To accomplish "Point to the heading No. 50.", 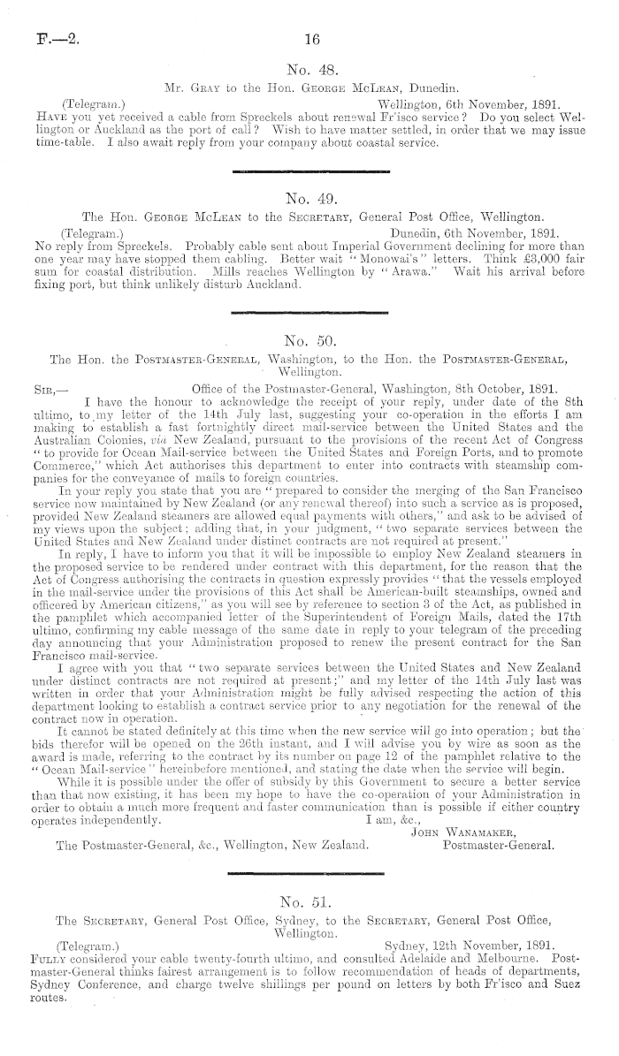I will (310, 338).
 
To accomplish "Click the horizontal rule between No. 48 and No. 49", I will (309, 168).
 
